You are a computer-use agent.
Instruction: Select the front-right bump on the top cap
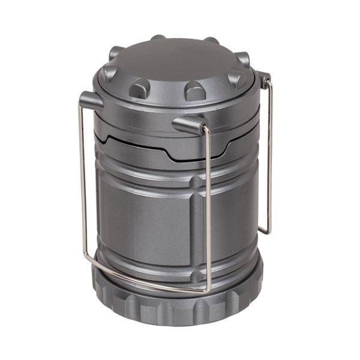click(193, 91)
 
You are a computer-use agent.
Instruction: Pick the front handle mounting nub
click(187, 124)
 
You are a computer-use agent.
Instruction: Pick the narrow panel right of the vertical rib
click(231, 216)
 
